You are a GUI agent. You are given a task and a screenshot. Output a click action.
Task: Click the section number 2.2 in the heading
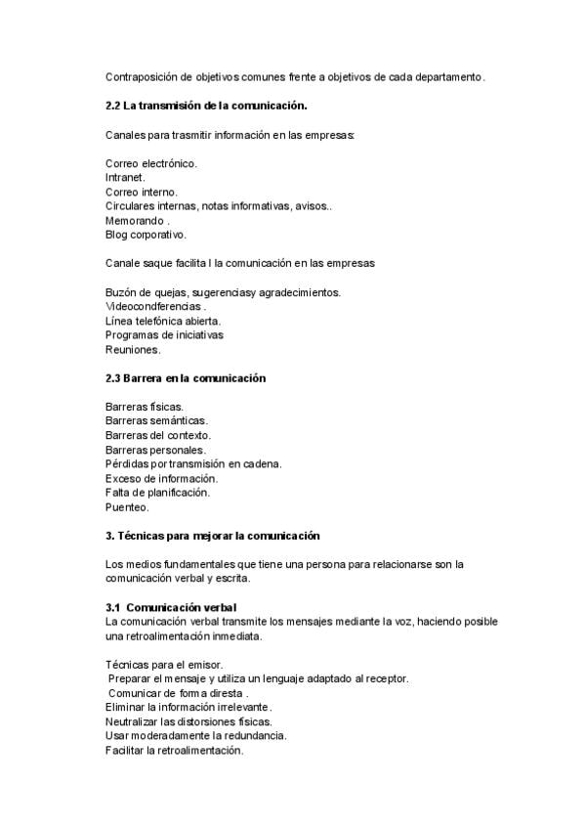(112, 105)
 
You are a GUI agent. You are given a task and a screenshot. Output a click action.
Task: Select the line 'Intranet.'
(125, 178)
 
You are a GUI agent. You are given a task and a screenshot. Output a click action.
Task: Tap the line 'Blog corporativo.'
(146, 235)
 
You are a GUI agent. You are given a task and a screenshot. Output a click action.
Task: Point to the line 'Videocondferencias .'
(155, 306)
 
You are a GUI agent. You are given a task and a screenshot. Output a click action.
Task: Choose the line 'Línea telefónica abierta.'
(163, 321)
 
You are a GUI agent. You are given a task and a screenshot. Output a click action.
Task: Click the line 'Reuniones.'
(133, 349)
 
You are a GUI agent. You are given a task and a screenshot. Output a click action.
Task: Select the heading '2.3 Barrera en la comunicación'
(186, 377)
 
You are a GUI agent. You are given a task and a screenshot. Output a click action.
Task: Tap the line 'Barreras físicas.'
(145, 406)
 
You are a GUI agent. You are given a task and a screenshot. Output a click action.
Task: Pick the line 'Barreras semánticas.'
(155, 420)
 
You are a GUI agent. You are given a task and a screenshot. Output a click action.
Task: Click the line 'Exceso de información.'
(161, 478)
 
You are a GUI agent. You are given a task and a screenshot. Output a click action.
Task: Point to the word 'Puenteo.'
(127, 507)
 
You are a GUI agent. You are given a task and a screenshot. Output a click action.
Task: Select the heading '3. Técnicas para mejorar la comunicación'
(213, 536)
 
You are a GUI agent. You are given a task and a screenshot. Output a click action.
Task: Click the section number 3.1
(113, 607)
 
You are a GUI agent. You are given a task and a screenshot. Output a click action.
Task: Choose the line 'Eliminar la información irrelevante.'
(188, 707)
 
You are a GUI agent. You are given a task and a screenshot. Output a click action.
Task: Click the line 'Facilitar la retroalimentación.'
(174, 750)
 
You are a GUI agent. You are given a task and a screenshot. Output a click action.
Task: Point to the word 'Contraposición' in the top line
(143, 76)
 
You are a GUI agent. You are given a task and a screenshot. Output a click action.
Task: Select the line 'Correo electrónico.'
(151, 163)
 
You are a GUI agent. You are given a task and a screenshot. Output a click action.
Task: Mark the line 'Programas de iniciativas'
(164, 334)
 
